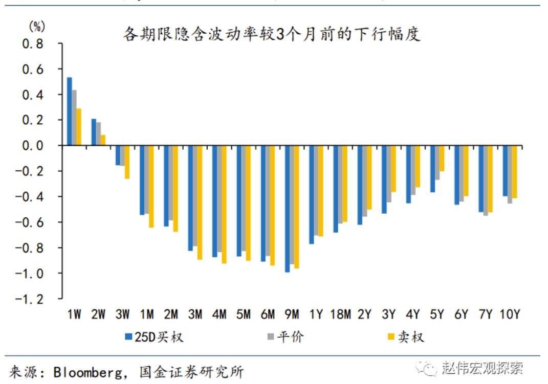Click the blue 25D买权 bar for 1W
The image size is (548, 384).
pos(70,111)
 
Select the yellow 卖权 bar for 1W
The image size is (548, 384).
pos(79,127)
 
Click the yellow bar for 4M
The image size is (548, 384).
pos(224,205)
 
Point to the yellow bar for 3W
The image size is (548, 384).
pos(127,162)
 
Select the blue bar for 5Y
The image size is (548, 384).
pos(432,169)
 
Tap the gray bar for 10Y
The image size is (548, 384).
pos(510,174)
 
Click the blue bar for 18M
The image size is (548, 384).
pos(336,189)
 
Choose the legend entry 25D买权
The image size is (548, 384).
pos(154,337)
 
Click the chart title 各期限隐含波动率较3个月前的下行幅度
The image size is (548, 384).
pos(271,34)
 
